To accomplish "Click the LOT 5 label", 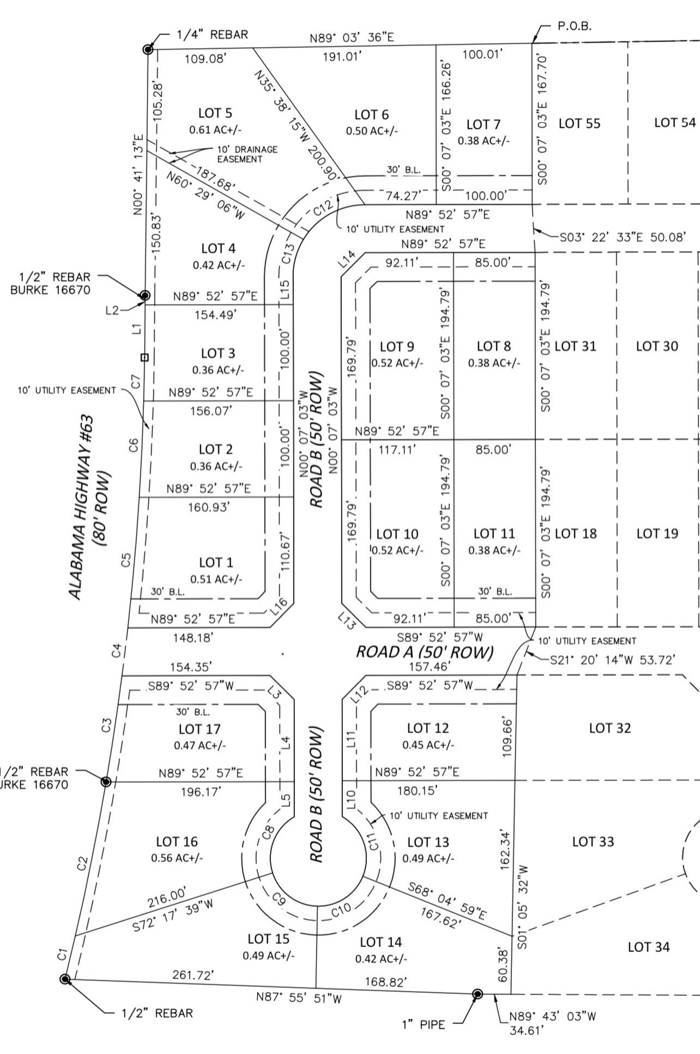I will pos(215,113).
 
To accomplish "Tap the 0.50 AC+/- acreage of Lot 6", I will pos(372,131).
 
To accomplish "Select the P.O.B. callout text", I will pos(575,26).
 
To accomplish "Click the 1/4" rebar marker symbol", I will pos(148,50).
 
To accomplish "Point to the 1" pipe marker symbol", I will pos(478,994).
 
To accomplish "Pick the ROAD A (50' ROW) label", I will pos(425,652).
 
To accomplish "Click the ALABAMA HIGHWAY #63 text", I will pos(82,507).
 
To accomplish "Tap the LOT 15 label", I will pos(268,939).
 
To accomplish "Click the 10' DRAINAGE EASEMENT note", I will pos(247,154).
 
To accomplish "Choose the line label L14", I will pos(347,259).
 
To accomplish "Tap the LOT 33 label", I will pos(593,842).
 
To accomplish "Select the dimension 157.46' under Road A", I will pos(429,666).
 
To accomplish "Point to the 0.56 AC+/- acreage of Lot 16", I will pos(177,858).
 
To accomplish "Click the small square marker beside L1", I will pos(144,357).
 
